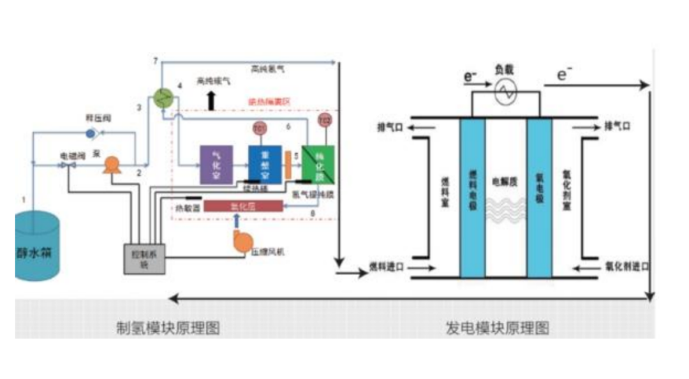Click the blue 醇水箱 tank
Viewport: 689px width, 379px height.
pos(38,248)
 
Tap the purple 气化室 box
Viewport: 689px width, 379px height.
pos(216,165)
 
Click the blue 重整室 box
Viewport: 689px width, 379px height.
pos(264,165)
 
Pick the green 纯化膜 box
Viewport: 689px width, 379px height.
pos(318,165)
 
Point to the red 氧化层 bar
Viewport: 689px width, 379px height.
pos(242,206)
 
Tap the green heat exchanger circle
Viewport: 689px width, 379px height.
pos(165,97)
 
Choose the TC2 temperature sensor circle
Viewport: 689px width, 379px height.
pos(325,120)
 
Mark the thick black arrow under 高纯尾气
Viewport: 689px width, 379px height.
pos(211,101)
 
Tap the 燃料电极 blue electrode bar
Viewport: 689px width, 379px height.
pos(472,198)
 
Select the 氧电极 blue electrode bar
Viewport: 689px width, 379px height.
pos(539,198)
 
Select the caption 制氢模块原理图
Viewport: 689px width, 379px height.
pos(167,328)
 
